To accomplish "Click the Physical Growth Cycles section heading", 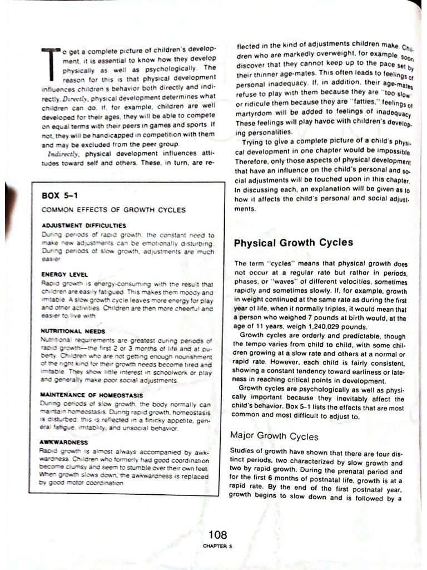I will click(x=293, y=243).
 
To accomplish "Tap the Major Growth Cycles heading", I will click(x=274, y=436).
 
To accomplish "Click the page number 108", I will click(x=217, y=535).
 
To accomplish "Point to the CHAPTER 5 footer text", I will click(x=217, y=547).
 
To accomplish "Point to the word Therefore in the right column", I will click(x=253, y=161).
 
